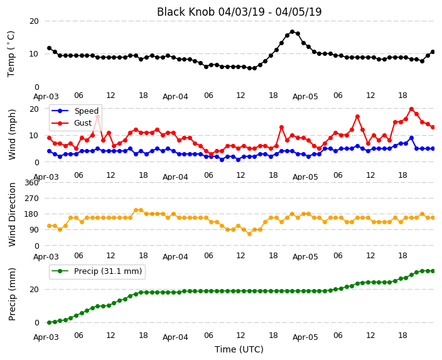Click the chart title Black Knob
186,12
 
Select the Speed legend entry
75,111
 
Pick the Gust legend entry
72,123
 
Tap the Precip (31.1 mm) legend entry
97,271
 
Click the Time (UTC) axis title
239,349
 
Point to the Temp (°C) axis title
11,54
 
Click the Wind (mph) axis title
12,134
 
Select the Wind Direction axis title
12,214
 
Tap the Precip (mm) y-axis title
12,294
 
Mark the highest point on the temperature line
293,32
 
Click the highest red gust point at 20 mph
412,109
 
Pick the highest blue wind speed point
412,138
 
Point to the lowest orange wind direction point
249,234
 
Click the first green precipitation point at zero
50,322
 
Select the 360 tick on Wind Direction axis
31,183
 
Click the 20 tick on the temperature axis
34,21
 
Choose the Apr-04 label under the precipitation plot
175,337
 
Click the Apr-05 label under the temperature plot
305,97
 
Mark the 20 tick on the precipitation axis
34,290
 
